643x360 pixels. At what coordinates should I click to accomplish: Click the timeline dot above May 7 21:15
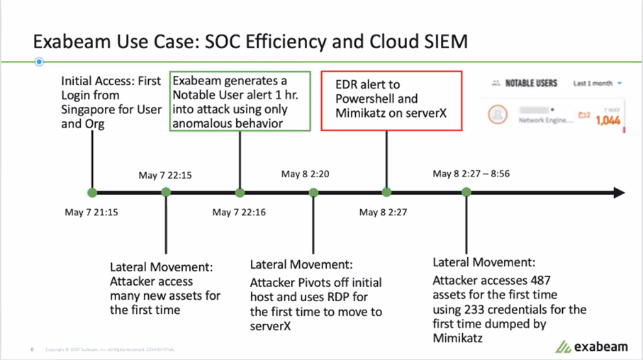pyautogui.click(x=91, y=192)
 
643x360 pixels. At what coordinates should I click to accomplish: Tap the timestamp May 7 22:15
pyautogui.click(x=165, y=174)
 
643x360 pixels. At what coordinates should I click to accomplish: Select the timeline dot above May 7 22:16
pyautogui.click(x=240, y=192)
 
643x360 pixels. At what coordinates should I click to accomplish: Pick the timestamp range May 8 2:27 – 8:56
pyautogui.click(x=472, y=174)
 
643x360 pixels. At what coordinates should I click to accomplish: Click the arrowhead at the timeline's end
pyautogui.click(x=619, y=192)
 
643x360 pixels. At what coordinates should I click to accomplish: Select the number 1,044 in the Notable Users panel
pyautogui.click(x=608, y=120)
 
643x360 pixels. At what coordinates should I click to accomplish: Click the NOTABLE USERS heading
pyautogui.click(x=531, y=83)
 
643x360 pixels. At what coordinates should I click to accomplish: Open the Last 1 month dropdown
pyautogui.click(x=597, y=83)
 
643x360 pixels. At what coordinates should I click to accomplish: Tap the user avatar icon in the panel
pyautogui.click(x=500, y=115)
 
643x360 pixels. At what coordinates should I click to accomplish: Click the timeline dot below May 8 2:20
pyautogui.click(x=313, y=192)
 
